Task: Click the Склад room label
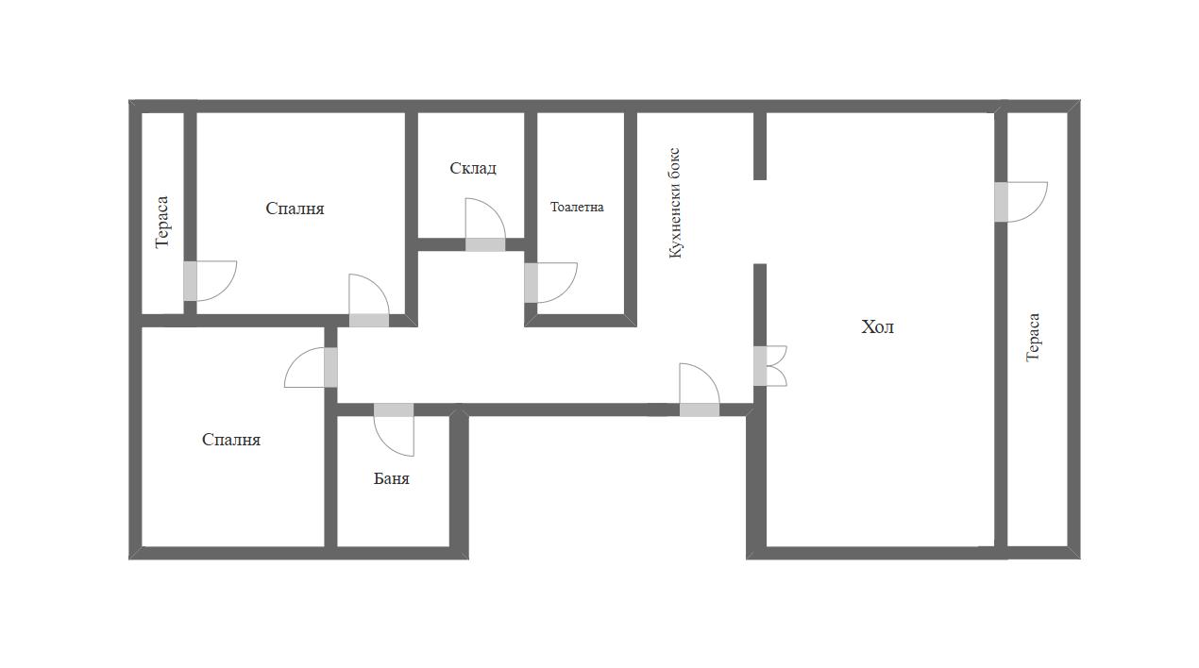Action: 473,169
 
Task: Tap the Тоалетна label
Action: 577,207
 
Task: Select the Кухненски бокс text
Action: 675,203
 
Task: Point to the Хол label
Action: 877,326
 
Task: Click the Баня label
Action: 391,478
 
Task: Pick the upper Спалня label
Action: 295,209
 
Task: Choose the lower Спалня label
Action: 231,440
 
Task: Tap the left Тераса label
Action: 161,222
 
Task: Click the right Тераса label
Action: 1033,338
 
